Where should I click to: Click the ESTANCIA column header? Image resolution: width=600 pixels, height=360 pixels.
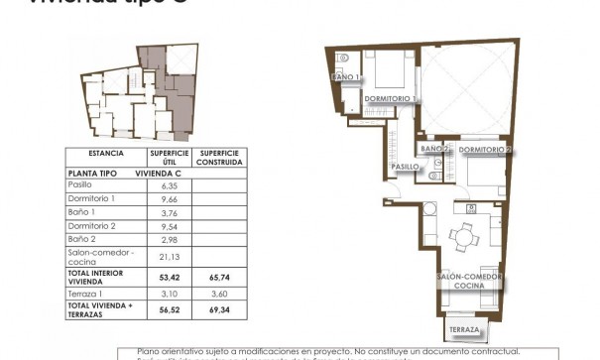105,154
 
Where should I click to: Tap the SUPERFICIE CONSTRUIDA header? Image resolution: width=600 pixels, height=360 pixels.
214,158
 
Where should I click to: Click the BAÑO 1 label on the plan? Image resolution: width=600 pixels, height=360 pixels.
344,76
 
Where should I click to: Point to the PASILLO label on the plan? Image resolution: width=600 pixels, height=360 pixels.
406,167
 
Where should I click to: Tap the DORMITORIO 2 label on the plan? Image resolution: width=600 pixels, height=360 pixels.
486,150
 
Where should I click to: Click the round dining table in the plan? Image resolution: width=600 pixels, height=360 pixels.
462,236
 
